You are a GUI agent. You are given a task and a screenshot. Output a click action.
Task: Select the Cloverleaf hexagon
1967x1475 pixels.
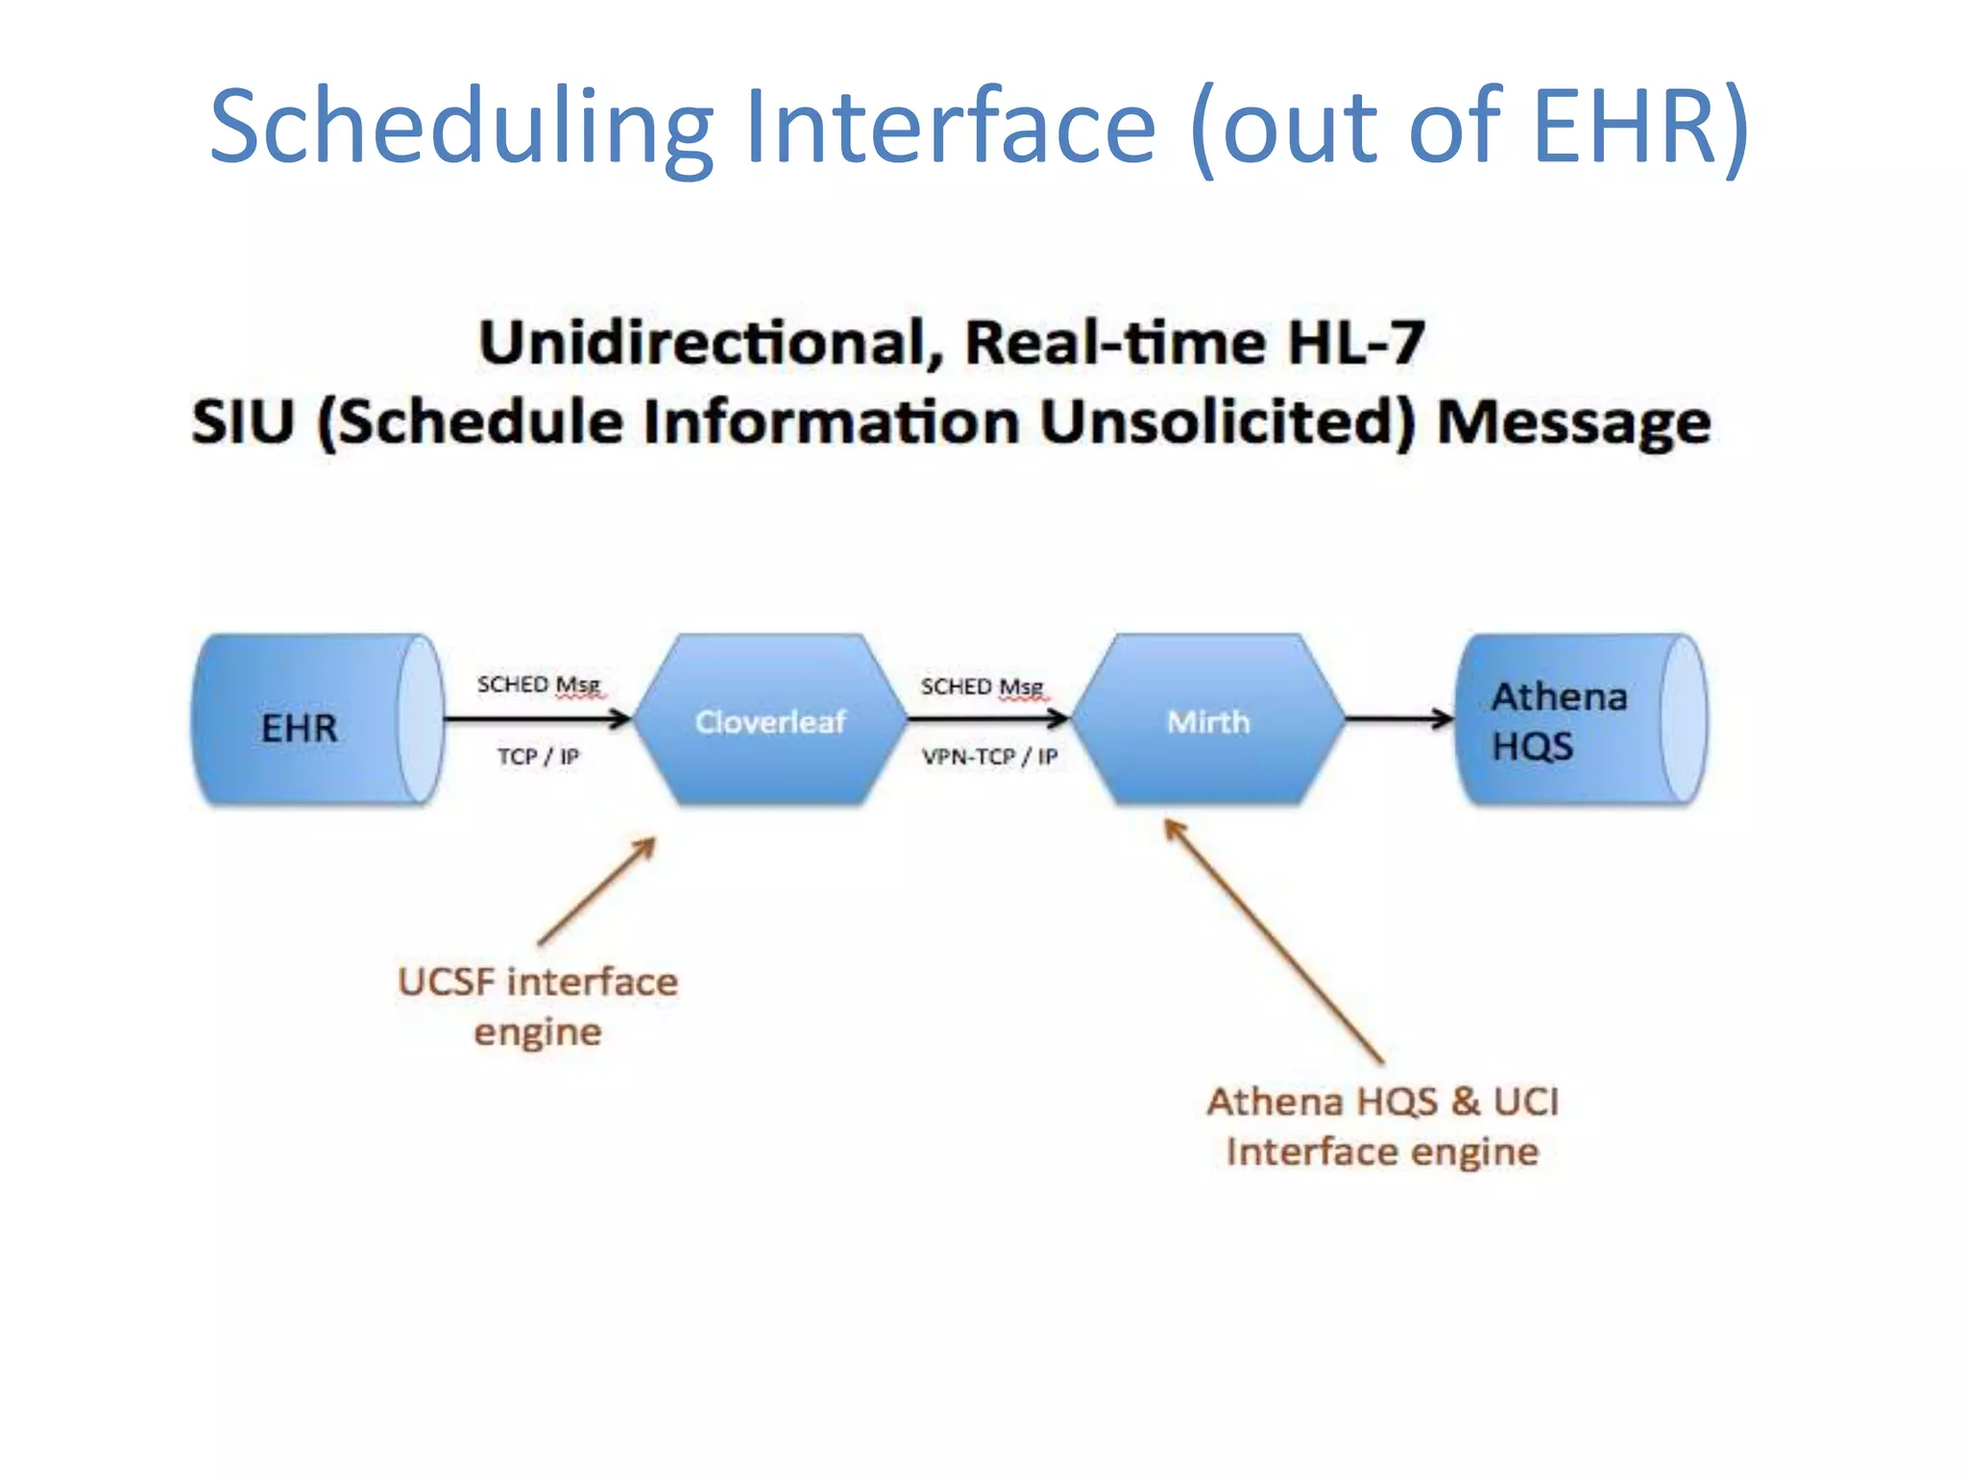click(x=770, y=720)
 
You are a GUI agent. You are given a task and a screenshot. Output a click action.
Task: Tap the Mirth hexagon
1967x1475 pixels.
click(x=1207, y=720)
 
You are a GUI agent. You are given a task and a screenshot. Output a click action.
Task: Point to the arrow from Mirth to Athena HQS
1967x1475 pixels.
click(x=1397, y=717)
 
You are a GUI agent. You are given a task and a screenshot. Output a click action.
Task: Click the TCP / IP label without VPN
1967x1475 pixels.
click(x=538, y=757)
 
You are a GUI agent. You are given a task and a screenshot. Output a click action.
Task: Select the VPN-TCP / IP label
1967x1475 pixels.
click(x=989, y=757)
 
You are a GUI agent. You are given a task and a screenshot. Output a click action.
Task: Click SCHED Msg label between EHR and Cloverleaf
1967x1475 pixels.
click(x=539, y=685)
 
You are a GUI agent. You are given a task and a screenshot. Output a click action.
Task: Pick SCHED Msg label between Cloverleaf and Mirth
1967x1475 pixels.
click(x=982, y=687)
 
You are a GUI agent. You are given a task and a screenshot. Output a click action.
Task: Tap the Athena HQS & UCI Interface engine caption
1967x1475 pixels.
click(x=1383, y=1126)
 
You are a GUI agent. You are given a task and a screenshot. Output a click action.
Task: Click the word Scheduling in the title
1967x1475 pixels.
click(x=461, y=127)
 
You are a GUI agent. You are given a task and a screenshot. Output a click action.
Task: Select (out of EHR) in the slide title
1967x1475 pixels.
click(x=1469, y=127)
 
